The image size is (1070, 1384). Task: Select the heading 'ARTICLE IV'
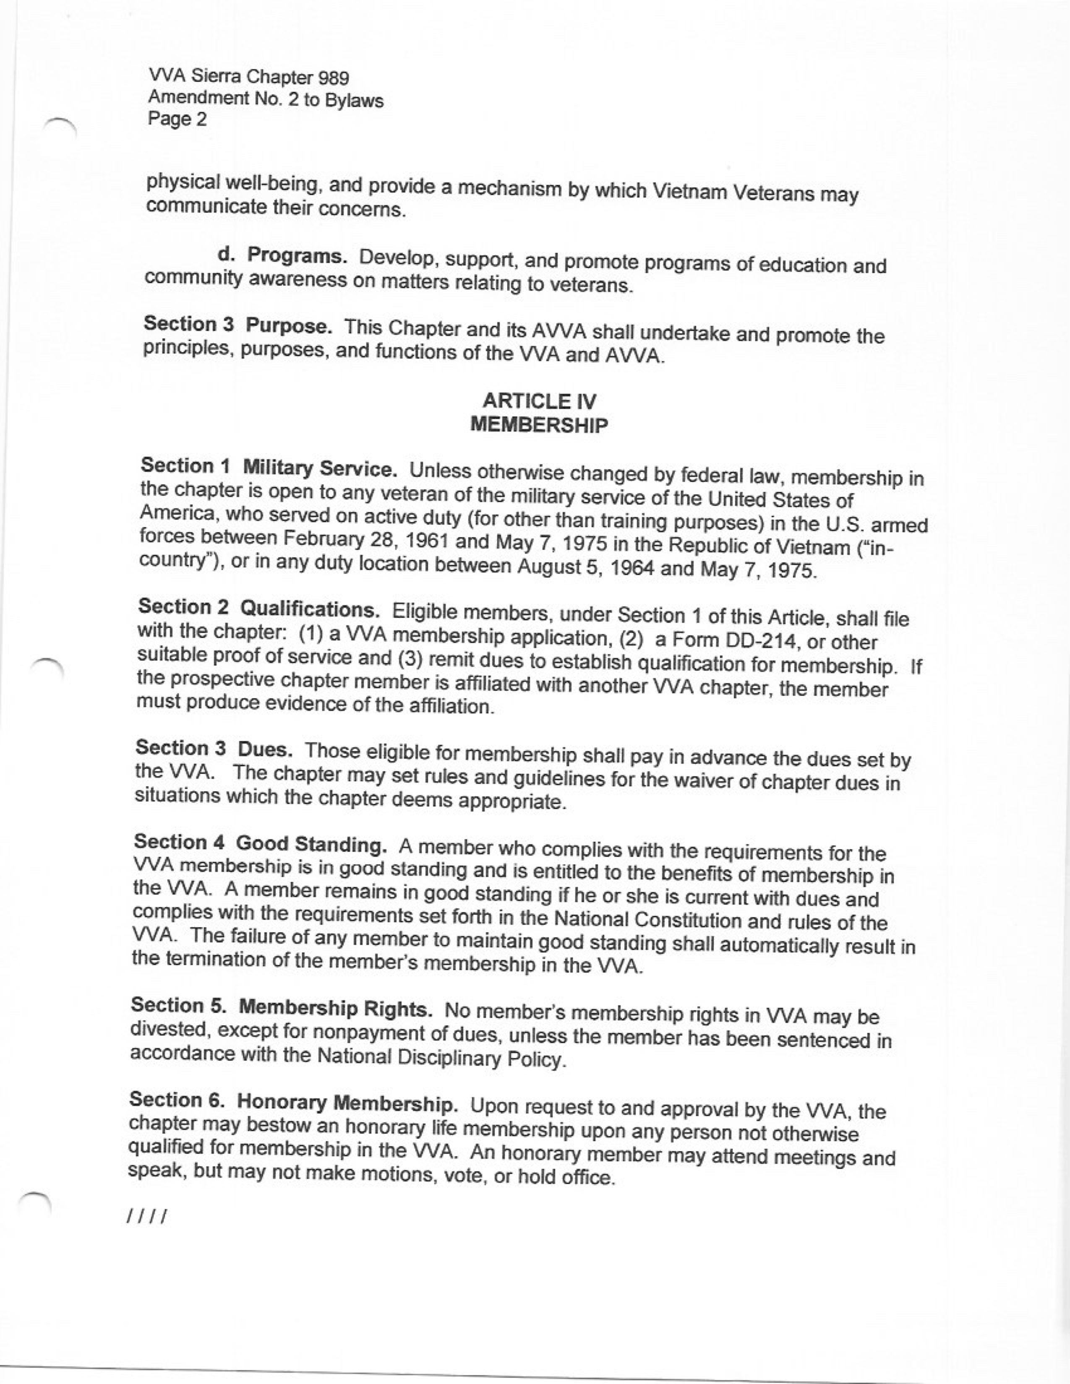click(x=540, y=401)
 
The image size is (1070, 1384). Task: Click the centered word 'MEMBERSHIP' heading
click(x=539, y=424)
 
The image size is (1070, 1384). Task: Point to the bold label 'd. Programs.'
click(x=282, y=256)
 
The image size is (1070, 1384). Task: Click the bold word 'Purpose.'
click(x=289, y=326)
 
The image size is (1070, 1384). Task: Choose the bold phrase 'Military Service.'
click(x=320, y=469)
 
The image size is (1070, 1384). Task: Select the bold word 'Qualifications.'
click(x=310, y=610)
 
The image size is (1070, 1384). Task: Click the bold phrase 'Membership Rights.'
click(x=337, y=1007)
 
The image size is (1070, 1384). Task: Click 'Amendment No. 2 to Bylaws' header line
click(x=266, y=99)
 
